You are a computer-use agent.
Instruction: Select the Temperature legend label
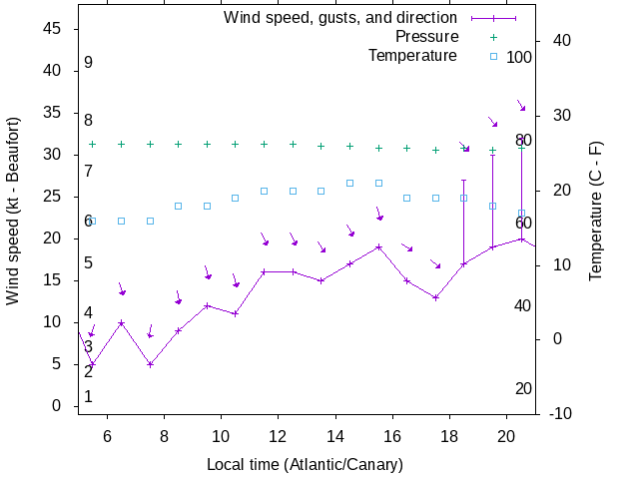click(x=412, y=55)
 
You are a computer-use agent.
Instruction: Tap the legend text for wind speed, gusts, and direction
click(x=339, y=18)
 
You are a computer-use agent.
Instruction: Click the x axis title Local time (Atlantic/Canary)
click(x=305, y=465)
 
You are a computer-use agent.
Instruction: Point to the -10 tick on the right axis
click(x=560, y=413)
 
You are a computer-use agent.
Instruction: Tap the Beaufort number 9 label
click(x=89, y=63)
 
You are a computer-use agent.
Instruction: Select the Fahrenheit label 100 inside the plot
click(x=519, y=57)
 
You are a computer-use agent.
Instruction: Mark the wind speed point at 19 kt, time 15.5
click(x=378, y=246)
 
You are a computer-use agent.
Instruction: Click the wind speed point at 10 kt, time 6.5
click(x=121, y=322)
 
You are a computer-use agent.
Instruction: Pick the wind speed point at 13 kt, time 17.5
click(x=435, y=297)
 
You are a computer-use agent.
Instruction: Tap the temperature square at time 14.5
click(x=349, y=183)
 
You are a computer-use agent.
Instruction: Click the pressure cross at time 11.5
click(x=264, y=144)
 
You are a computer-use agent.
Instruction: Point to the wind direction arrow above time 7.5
click(x=150, y=331)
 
